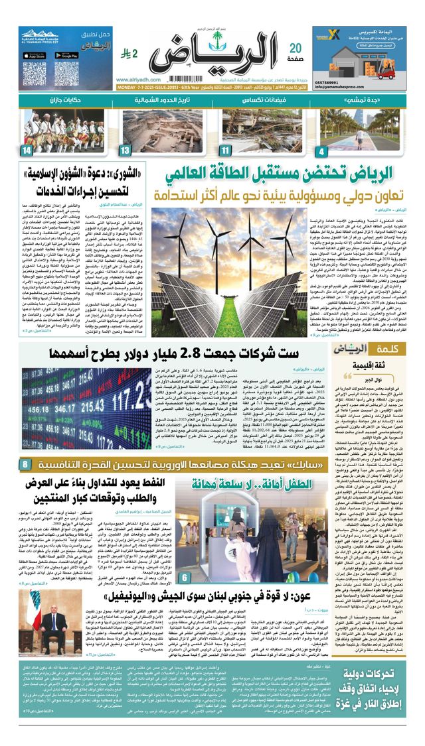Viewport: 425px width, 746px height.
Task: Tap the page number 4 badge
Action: pyautogui.click(x=321, y=151)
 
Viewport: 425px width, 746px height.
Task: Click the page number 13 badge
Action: pyautogui.click(x=124, y=151)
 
